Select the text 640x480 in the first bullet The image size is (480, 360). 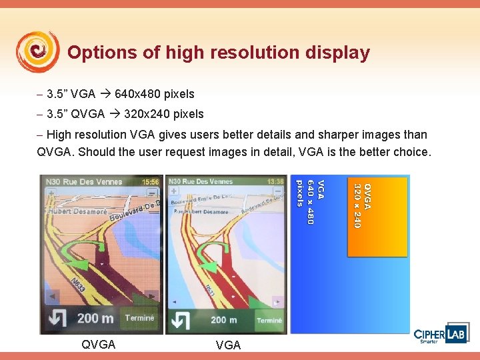click(155, 94)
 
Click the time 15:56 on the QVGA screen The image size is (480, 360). click(151, 181)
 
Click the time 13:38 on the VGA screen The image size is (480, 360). click(274, 181)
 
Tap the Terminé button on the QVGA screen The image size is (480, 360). click(139, 318)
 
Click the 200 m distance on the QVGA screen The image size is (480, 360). click(95, 318)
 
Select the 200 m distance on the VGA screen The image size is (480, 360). click(223, 320)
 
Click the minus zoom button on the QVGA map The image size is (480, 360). click(153, 194)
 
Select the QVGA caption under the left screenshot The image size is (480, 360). click(98, 345)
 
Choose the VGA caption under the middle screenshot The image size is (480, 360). click(228, 345)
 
